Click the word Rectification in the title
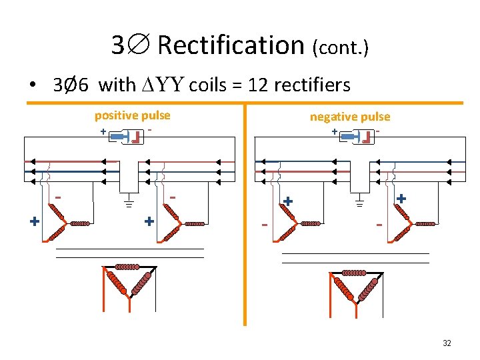(x=231, y=45)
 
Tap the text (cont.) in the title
(x=340, y=47)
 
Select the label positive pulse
(x=132, y=115)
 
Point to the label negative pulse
(x=349, y=117)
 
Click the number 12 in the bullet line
(x=257, y=85)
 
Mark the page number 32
(x=447, y=343)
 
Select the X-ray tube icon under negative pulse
(x=358, y=137)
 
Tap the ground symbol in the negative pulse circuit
(x=359, y=203)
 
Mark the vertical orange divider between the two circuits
(x=245, y=213)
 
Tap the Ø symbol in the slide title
(x=139, y=45)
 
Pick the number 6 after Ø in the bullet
(x=85, y=85)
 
